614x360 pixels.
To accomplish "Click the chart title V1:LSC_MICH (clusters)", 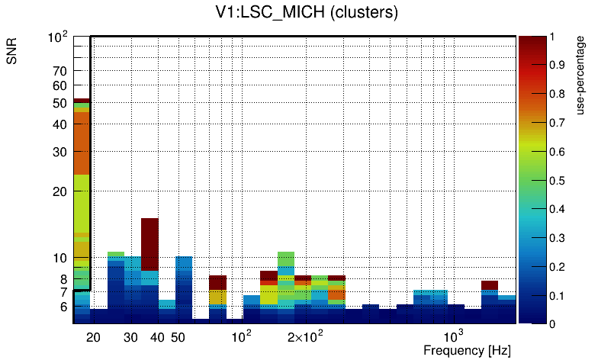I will [x=307, y=13].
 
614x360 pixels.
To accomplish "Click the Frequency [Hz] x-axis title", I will [x=467, y=350].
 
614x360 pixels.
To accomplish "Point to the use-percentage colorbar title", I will [x=580, y=75].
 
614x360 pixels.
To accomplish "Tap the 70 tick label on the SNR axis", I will [x=60, y=71].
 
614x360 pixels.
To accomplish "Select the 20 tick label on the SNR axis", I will [x=60, y=191].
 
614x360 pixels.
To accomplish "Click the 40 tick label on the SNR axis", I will [x=60, y=125].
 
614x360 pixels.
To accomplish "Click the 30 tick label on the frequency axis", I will [x=130, y=337].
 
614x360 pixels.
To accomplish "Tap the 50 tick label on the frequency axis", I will [x=178, y=337].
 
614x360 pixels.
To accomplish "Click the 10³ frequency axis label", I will [x=453, y=336].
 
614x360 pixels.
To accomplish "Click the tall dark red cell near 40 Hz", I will [x=149, y=244].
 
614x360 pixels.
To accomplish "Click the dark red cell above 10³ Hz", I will [x=490, y=285].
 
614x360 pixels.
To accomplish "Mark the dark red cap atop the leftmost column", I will [x=82, y=100].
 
